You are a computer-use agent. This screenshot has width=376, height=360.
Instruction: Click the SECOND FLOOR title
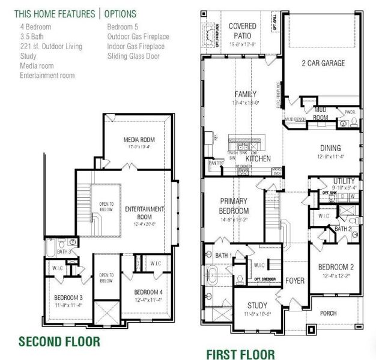[59, 342]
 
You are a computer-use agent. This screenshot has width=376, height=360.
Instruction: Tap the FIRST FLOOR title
[240, 354]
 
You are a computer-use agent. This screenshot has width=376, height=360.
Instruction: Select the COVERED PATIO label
[243, 31]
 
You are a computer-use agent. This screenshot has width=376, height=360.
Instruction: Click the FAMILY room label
[245, 94]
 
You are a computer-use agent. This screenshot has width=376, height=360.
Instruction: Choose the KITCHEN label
[258, 158]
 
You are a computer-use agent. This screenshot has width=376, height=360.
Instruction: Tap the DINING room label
[330, 148]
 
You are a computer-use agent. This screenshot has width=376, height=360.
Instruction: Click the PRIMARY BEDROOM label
[234, 207]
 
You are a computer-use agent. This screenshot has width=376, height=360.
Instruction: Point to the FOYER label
[295, 281]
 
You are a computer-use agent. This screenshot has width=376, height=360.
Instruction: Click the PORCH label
[328, 313]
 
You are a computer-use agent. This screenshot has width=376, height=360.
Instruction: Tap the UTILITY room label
[344, 181]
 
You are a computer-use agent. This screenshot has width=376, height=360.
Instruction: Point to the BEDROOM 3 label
[68, 298]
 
